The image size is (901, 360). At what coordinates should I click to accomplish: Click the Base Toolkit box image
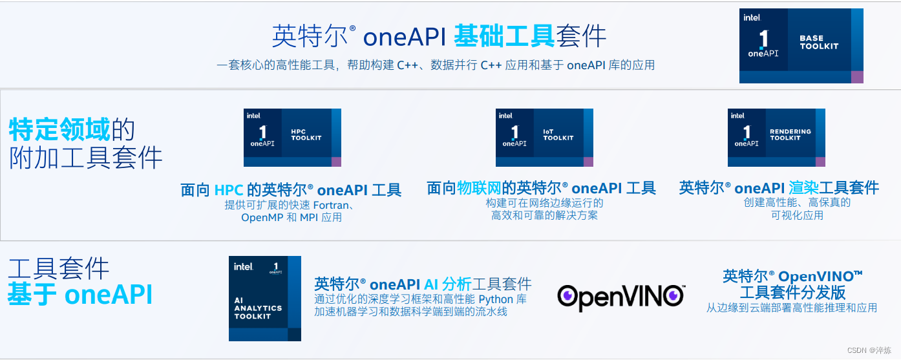801,46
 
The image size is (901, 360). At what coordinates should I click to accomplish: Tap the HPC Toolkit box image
292,138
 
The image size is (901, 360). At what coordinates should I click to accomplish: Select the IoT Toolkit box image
544,138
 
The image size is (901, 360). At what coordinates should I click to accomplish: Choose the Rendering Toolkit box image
776,138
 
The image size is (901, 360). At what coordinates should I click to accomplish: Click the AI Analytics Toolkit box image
264,299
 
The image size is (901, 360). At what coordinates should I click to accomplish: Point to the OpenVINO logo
620,296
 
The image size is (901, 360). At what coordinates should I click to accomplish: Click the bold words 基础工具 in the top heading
504,36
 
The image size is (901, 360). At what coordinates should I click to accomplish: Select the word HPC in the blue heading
229,190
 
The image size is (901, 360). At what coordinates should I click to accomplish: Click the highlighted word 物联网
480,188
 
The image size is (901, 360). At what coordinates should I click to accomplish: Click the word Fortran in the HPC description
331,205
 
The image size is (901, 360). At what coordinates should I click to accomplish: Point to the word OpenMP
262,218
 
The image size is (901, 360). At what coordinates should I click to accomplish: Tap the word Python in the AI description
495,299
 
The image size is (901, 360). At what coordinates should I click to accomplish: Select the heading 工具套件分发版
792,292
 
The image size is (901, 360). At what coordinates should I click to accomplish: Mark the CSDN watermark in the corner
869,350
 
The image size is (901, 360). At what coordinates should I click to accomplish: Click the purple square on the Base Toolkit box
857,77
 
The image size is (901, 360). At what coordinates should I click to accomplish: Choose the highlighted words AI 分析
447,284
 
